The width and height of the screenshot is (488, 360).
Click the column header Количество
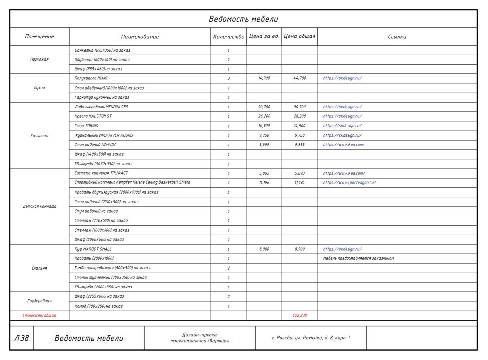[x=229, y=36]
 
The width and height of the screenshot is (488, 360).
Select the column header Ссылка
[x=397, y=36]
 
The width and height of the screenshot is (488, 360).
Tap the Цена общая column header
[x=300, y=36]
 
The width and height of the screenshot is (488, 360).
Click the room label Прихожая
[x=39, y=59]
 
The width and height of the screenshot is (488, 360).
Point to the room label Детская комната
[x=39, y=207]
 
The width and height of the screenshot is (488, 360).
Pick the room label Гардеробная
[x=39, y=301]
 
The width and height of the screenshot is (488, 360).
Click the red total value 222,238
[x=300, y=315]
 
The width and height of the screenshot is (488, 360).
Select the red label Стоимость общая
[x=39, y=315]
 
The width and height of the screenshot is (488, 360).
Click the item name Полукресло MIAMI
[x=91, y=78]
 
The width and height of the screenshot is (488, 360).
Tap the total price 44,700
[x=300, y=78]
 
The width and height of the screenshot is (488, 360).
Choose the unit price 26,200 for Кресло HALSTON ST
[x=264, y=116]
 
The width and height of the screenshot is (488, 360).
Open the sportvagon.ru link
[x=349, y=183]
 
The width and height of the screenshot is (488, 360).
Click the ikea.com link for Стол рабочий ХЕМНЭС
[x=344, y=145]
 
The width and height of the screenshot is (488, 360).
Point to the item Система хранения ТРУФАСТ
[x=101, y=174]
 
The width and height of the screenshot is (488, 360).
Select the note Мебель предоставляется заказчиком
[x=358, y=258]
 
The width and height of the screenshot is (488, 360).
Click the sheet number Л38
[x=22, y=338]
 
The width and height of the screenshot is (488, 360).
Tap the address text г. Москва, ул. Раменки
[x=311, y=338]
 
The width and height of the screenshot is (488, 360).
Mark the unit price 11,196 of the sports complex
[x=264, y=183]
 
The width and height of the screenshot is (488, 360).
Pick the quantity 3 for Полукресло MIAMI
[x=229, y=78]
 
